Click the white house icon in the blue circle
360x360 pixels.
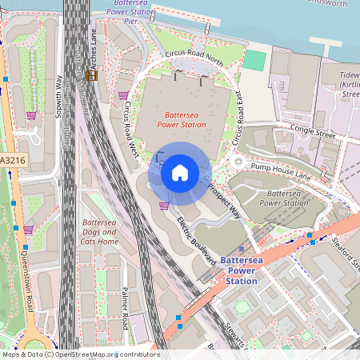click(180, 172)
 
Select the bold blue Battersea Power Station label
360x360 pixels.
click(230, 271)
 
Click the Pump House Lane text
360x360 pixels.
click(278, 169)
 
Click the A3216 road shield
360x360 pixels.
click(11, 161)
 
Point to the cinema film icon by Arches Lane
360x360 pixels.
click(91, 75)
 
